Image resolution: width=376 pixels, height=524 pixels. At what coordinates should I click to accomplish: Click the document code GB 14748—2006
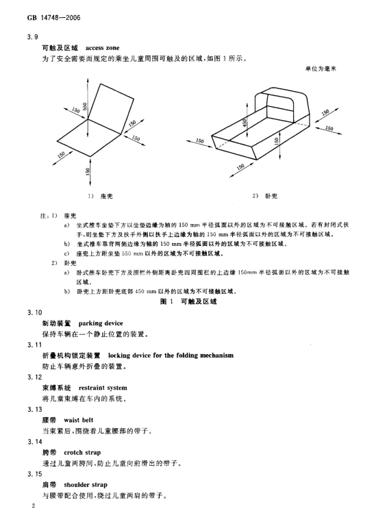[x=54, y=18]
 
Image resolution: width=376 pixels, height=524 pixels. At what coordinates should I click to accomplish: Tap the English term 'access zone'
[x=102, y=48]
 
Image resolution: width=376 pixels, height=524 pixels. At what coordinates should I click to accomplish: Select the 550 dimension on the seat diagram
[x=85, y=107]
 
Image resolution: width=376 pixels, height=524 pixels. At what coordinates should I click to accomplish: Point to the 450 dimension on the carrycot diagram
[x=245, y=123]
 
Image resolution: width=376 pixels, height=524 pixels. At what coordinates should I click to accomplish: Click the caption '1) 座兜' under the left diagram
[x=100, y=196]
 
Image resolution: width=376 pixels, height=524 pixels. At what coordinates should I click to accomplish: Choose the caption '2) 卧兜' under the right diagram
[x=264, y=196]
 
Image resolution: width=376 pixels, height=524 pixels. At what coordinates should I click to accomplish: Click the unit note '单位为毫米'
[x=321, y=69]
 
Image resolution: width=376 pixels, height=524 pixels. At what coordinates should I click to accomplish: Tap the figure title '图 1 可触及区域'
[x=188, y=301]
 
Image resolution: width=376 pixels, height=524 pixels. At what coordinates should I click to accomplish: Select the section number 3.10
[x=35, y=313]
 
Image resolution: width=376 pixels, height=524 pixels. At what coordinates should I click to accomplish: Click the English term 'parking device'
[x=101, y=323]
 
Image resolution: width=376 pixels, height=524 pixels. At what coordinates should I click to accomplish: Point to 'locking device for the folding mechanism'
[x=171, y=355]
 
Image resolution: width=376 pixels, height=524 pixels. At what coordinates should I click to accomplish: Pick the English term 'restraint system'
[x=103, y=388]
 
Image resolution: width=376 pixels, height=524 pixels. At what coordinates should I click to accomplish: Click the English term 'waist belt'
[x=79, y=420]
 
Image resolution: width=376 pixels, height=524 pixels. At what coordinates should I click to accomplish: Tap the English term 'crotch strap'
[x=82, y=453]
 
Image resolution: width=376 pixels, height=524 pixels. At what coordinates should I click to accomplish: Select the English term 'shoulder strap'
[x=86, y=485]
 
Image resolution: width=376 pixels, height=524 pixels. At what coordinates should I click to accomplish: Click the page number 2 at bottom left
[x=33, y=506]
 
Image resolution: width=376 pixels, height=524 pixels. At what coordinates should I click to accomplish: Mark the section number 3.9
[x=33, y=37]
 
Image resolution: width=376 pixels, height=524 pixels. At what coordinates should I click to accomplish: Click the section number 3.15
[x=35, y=474]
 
